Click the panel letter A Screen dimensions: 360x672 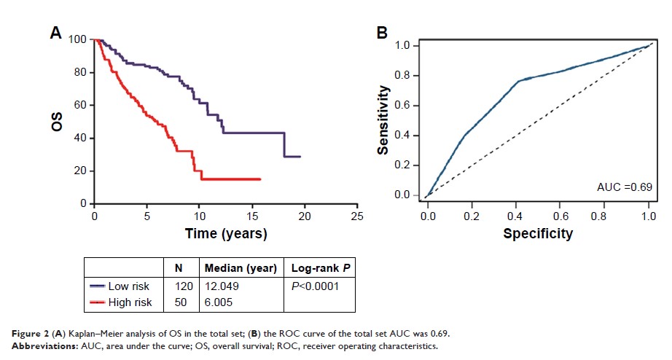[55, 32]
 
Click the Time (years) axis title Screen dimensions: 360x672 [225, 234]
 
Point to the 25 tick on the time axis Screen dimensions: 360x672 [357, 217]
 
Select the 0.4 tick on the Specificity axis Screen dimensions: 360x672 [517, 216]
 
